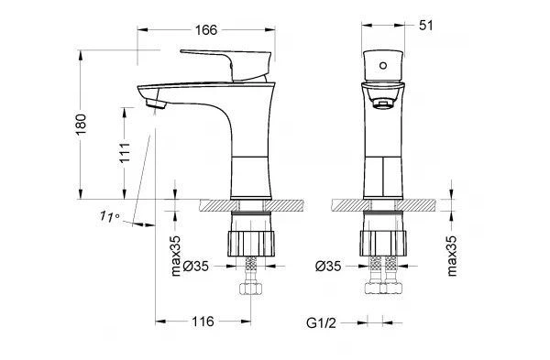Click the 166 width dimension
(206, 30)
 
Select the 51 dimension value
(426, 26)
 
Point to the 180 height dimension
(81, 125)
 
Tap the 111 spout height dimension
(125, 152)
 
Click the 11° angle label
(109, 216)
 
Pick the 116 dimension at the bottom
(203, 322)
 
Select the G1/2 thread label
(321, 322)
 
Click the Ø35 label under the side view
(196, 267)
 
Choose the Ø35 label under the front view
(328, 267)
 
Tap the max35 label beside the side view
(175, 256)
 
